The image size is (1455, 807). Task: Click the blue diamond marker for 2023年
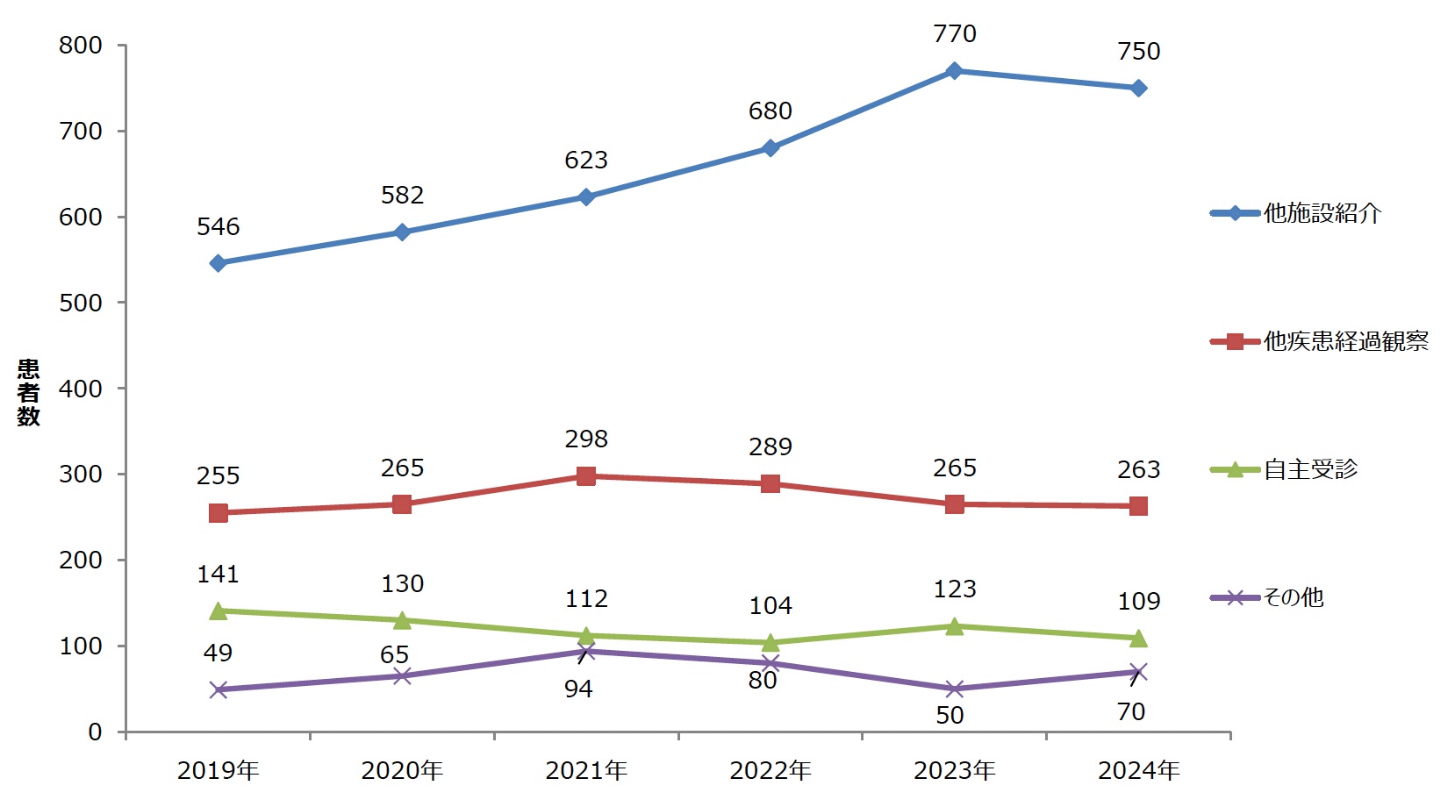click(954, 71)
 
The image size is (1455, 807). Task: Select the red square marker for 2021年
click(586, 476)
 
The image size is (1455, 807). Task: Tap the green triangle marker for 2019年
click(219, 611)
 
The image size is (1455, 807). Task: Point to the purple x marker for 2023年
click(954, 689)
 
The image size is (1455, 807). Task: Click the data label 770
click(954, 34)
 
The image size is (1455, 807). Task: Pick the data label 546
click(219, 227)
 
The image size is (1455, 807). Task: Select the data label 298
click(586, 439)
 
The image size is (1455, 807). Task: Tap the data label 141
click(219, 575)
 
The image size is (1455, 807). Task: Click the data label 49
click(219, 653)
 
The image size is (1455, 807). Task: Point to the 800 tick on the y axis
click(81, 46)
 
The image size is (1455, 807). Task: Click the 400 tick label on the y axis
click(81, 389)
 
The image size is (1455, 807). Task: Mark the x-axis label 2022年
click(770, 771)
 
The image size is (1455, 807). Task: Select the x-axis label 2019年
click(219, 771)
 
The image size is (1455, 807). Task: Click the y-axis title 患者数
click(29, 392)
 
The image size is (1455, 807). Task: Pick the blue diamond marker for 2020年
click(402, 232)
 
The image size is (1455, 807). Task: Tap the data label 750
click(1138, 52)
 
